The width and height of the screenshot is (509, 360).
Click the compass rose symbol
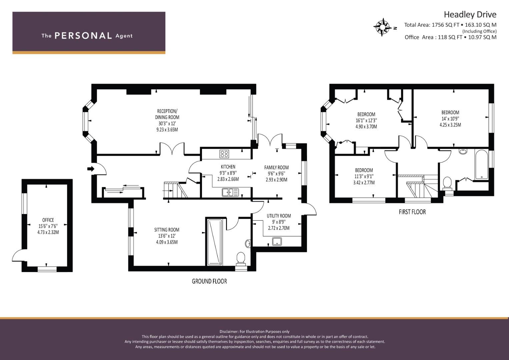(x=383, y=27)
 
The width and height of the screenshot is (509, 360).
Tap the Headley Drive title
(x=470, y=15)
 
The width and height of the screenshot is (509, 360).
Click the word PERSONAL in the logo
(x=83, y=36)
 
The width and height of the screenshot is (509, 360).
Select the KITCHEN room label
(x=228, y=167)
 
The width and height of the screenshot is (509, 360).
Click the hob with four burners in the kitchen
(x=224, y=154)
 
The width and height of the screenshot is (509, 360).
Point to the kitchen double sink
(x=230, y=192)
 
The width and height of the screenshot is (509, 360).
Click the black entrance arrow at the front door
(x=91, y=169)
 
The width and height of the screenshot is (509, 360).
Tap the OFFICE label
(x=48, y=220)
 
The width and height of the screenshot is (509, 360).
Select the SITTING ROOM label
(x=167, y=230)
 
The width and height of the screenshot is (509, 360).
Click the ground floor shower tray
(x=215, y=242)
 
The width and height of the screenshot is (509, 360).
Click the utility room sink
(x=277, y=242)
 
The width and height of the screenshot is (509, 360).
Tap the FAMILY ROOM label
(x=276, y=167)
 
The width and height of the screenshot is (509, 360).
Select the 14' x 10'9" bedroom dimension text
(x=450, y=119)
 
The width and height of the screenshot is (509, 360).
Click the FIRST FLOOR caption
(x=412, y=212)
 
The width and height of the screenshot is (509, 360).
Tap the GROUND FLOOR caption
(x=209, y=281)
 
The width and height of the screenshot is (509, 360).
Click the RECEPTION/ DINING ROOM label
(x=167, y=114)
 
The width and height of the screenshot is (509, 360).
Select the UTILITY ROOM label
(x=279, y=216)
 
